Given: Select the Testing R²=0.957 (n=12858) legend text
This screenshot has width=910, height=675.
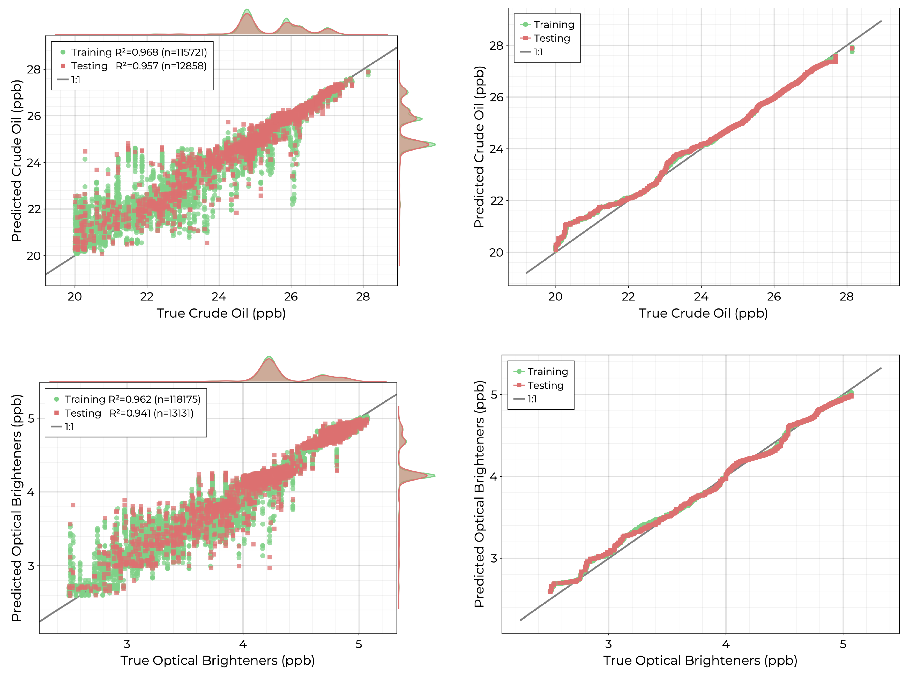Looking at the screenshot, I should [139, 66].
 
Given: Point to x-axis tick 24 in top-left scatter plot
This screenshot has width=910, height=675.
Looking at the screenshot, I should [219, 297].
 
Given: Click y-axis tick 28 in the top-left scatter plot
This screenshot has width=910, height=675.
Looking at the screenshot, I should [34, 70].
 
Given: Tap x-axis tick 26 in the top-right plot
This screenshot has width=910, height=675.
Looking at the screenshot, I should [773, 297].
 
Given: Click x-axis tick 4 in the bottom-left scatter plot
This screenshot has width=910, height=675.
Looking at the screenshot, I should [243, 644].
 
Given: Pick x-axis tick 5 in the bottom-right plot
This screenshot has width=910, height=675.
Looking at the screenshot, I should [842, 644].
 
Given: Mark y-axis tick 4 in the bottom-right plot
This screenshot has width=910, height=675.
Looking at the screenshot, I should [493, 476].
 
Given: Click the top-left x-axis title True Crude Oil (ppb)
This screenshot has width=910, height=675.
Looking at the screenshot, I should [221, 313].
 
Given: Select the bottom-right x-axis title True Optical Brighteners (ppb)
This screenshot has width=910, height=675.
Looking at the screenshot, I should [700, 661].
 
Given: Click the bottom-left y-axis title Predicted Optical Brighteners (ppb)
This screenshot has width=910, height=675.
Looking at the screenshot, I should [16, 508].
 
